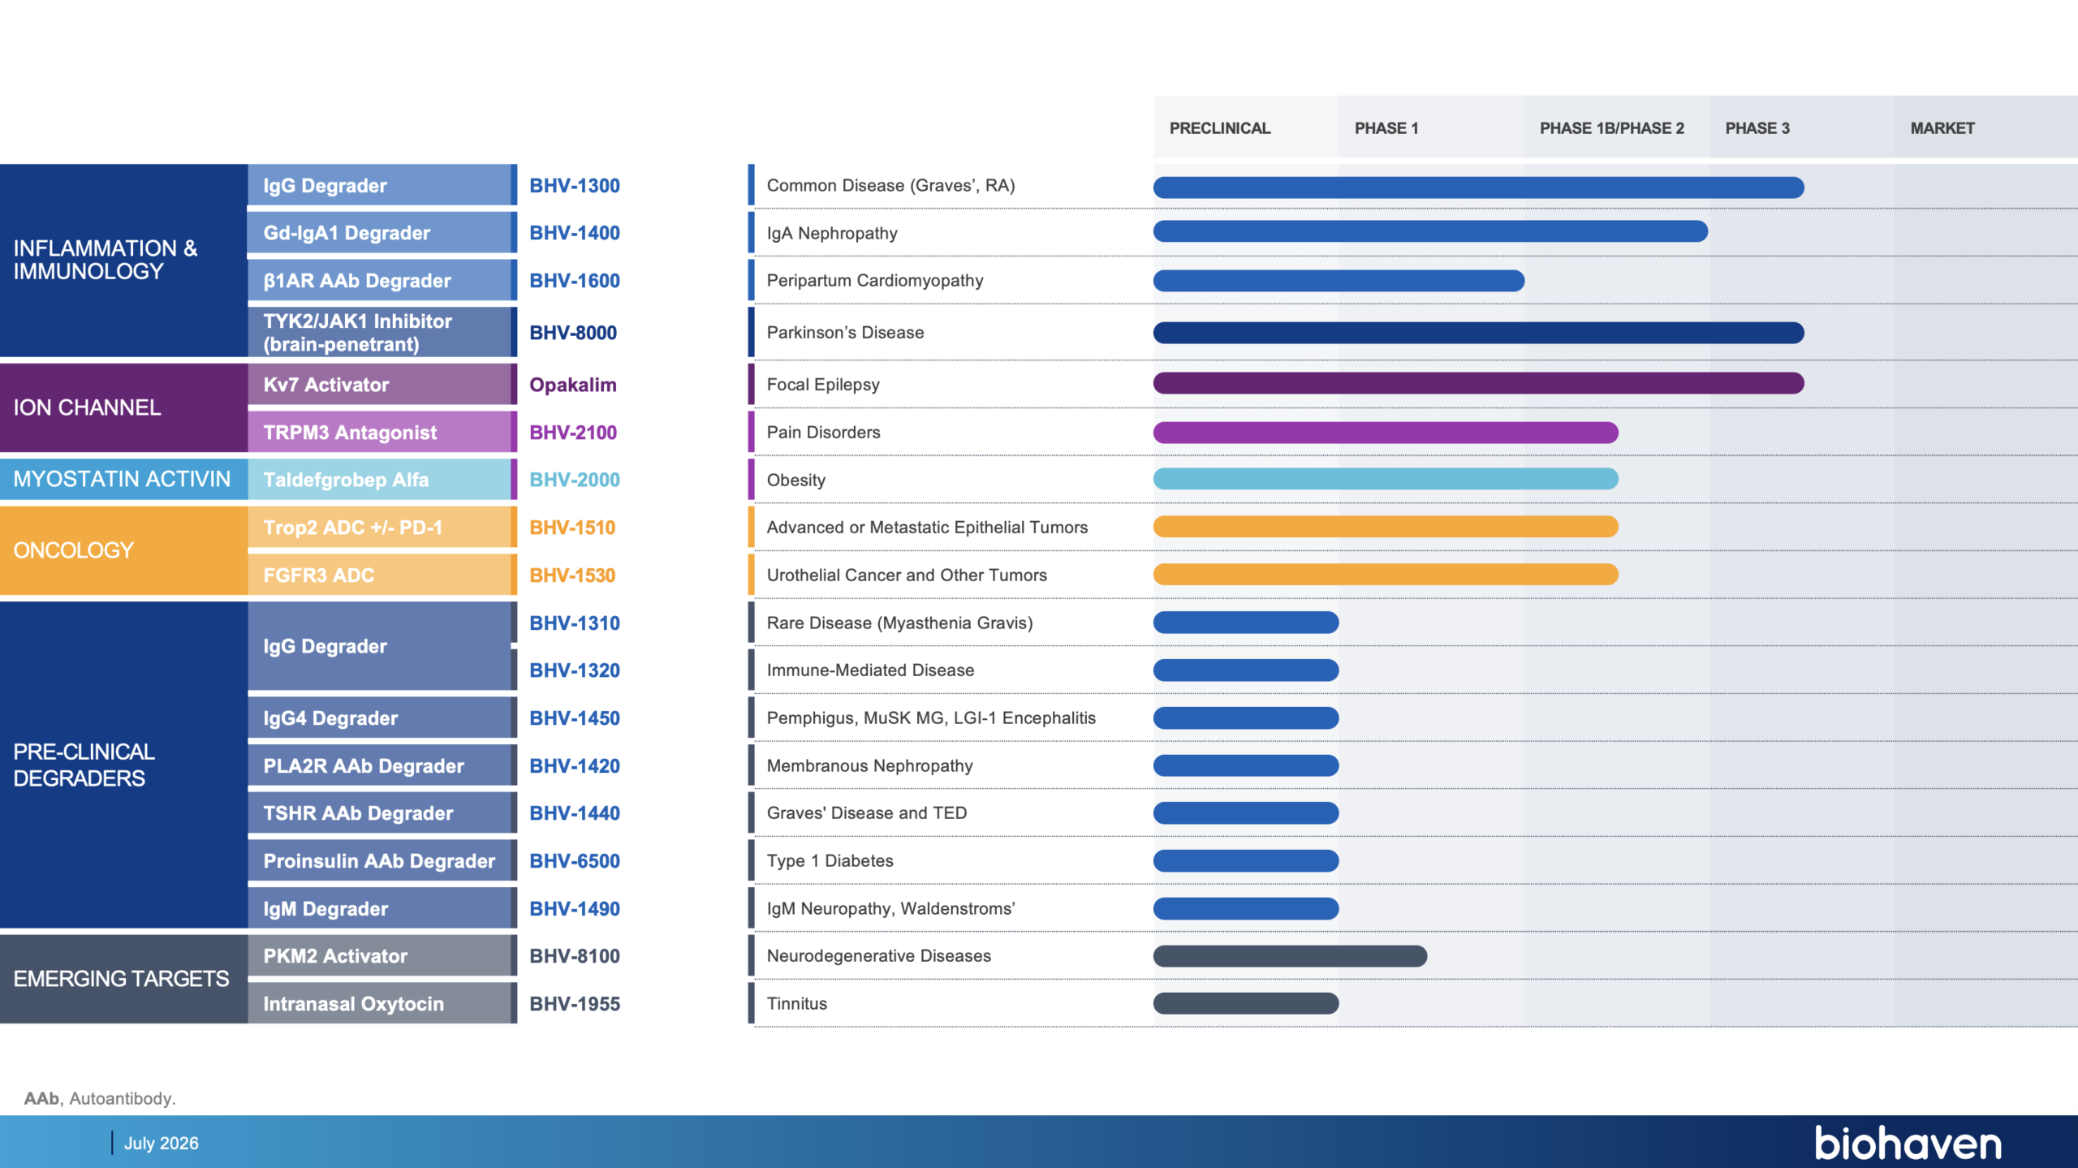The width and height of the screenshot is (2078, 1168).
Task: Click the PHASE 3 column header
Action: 1757,128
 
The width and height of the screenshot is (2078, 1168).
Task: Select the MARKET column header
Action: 1942,128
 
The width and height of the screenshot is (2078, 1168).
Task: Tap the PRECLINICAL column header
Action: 1219,128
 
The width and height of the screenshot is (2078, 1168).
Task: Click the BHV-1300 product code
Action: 574,186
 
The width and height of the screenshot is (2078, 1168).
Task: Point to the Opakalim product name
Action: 572,385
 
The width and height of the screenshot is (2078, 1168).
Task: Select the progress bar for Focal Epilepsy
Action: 1478,383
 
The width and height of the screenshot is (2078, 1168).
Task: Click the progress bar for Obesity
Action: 1386,479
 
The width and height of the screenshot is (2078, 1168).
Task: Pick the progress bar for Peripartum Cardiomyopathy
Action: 1339,281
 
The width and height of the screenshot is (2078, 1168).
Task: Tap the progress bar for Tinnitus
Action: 1246,1003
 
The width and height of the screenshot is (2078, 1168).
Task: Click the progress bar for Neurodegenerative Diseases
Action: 1290,956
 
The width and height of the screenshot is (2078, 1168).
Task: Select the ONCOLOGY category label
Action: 73,550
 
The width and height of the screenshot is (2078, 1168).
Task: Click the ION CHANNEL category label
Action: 87,407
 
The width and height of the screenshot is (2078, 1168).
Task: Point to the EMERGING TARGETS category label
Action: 121,979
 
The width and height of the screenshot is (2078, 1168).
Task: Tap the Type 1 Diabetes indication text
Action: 830,861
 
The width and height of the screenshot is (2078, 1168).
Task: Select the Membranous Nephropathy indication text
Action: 869,766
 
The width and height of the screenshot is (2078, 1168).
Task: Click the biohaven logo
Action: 1908,1143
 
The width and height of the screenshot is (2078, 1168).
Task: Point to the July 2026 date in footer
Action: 161,1143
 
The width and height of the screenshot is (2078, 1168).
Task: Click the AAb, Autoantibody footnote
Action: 100,1098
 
